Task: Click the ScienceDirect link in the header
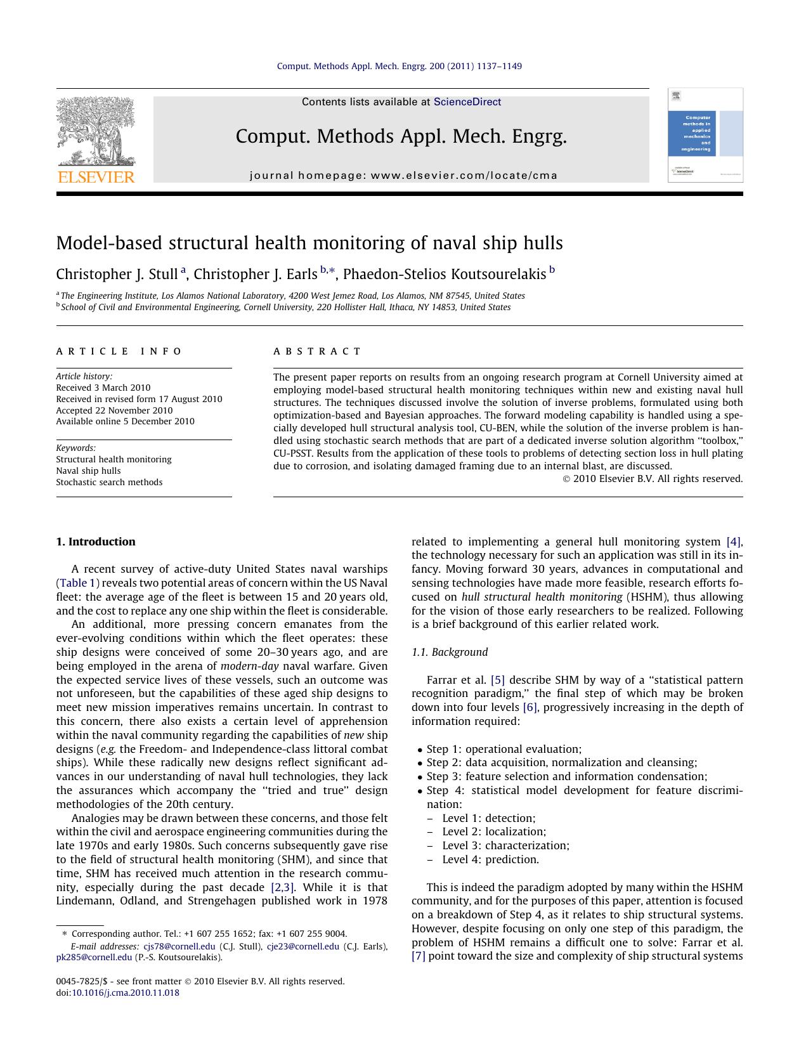click(467, 102)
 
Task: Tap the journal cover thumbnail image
click(705, 135)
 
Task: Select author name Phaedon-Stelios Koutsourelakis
click(444, 274)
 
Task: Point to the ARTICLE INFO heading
click(119, 351)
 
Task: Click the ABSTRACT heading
click(317, 351)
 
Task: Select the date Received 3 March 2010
click(103, 388)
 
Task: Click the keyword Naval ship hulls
click(88, 471)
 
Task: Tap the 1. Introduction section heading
click(96, 542)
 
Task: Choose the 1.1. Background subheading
click(449, 652)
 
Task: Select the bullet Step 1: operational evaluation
click(504, 749)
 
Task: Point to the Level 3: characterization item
click(505, 845)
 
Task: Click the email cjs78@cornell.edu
click(179, 946)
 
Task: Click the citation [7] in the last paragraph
click(418, 956)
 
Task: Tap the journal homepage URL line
click(403, 176)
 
